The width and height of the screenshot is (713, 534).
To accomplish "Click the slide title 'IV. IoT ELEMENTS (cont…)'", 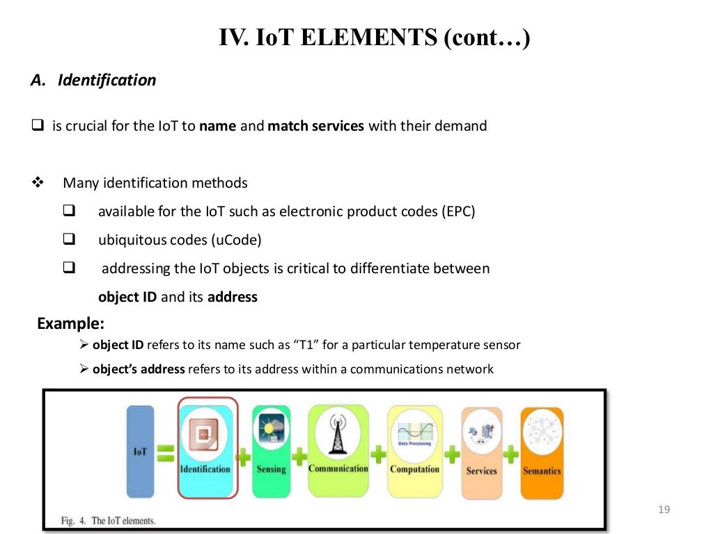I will (x=375, y=37).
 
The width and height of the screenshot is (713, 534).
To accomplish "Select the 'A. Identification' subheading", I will (x=93, y=81).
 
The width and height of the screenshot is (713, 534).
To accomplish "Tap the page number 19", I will (x=663, y=511).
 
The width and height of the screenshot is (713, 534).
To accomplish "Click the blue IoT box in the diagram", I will (x=140, y=452).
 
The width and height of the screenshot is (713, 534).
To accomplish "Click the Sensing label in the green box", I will (x=271, y=469).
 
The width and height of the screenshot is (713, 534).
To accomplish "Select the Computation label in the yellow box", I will (x=414, y=469).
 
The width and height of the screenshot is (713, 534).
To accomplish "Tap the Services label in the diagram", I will (x=481, y=471).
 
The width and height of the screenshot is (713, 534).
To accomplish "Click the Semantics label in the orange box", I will (x=542, y=471).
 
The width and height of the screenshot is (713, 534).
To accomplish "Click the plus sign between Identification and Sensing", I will (x=244, y=457).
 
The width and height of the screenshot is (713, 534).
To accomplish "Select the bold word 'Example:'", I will (x=70, y=323).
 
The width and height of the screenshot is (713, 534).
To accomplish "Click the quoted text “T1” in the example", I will (x=306, y=345).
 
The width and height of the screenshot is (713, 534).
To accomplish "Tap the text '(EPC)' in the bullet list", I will (x=457, y=211).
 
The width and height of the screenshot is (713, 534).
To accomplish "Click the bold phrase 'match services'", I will (x=316, y=127).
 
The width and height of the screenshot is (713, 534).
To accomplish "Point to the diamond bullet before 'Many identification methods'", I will (x=38, y=184).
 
